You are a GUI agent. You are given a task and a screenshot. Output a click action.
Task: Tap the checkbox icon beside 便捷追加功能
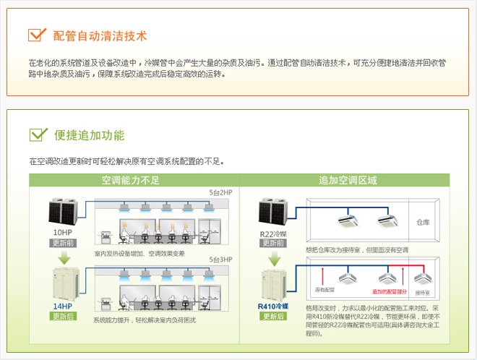[38, 134]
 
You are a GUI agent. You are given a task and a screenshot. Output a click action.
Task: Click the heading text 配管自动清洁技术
[100, 35]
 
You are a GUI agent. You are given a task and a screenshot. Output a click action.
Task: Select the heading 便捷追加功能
[89, 135]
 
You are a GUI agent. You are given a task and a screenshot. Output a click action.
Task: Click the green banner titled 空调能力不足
[131, 180]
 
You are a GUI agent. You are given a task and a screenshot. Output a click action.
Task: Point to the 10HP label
[62, 232]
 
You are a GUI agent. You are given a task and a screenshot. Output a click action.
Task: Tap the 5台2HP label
[220, 193]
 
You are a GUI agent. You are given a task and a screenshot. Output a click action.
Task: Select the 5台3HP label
[220, 260]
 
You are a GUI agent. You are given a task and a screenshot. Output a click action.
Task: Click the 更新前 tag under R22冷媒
[273, 243]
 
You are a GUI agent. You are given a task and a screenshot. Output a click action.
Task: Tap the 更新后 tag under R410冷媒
[273, 316]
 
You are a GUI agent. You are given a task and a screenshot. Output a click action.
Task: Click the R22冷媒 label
[274, 233]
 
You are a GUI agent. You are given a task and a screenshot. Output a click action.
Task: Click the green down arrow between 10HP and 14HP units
[62, 257]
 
